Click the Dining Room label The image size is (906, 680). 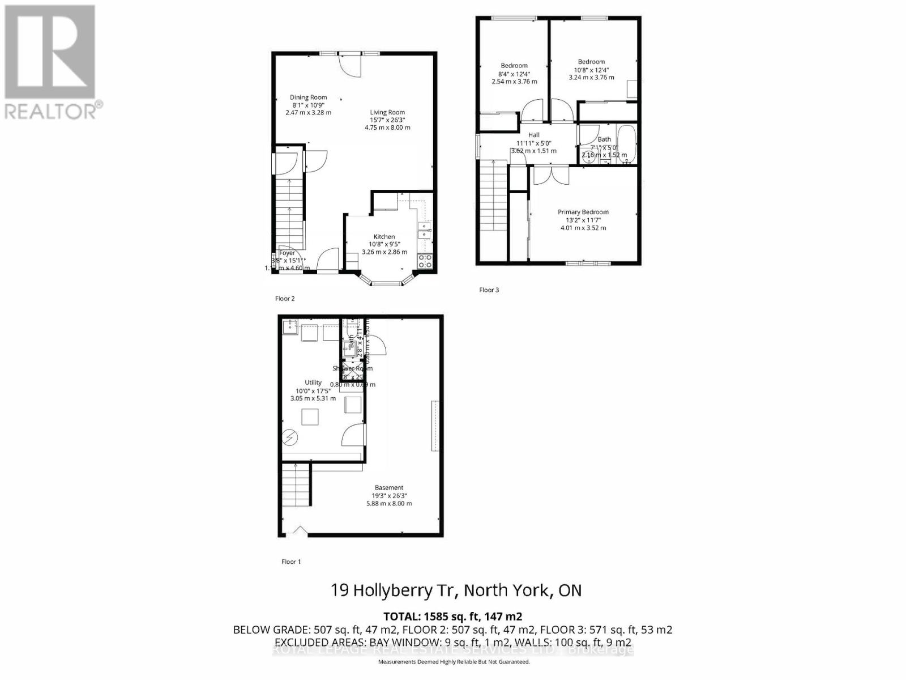[x=308, y=97]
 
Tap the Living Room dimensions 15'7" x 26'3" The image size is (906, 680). [x=387, y=120]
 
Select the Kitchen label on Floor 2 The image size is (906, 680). [x=384, y=237]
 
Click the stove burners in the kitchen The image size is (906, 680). [x=425, y=261]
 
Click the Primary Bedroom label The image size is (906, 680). [x=583, y=212]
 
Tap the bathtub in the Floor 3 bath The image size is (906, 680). [x=627, y=144]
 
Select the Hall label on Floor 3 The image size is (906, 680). [x=533, y=135]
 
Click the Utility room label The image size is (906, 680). [x=313, y=382]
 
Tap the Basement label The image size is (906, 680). [x=389, y=488]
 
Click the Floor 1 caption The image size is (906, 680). [x=291, y=562]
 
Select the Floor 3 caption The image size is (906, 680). [x=489, y=290]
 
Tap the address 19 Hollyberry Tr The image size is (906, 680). [x=395, y=590]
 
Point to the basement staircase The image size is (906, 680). [x=297, y=485]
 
